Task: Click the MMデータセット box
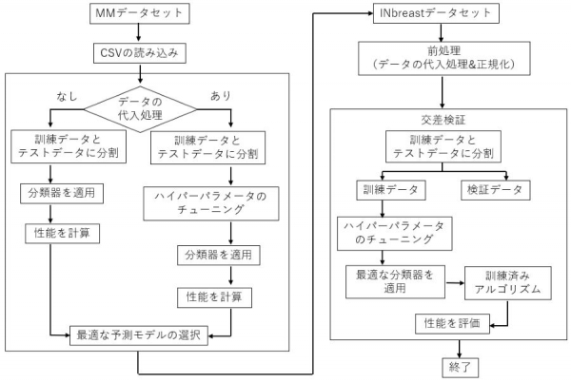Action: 140,13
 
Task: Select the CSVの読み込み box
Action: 140,53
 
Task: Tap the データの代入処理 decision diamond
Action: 140,109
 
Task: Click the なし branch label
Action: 67,96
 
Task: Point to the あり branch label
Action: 221,96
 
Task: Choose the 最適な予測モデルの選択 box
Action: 139,335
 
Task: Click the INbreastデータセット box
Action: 436,13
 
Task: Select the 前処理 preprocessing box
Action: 444,58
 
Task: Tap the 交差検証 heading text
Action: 443,120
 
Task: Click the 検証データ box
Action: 496,190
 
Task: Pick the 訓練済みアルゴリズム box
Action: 508,283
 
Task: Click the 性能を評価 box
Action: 453,323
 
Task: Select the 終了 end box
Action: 460,368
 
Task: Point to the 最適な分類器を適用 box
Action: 395,281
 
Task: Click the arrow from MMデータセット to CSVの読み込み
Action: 138,33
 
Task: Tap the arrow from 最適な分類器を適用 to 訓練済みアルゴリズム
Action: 455,283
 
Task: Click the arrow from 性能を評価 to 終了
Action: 460,349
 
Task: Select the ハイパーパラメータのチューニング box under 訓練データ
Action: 395,234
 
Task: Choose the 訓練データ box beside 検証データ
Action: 391,190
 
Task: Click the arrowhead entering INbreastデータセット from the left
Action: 371,14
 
